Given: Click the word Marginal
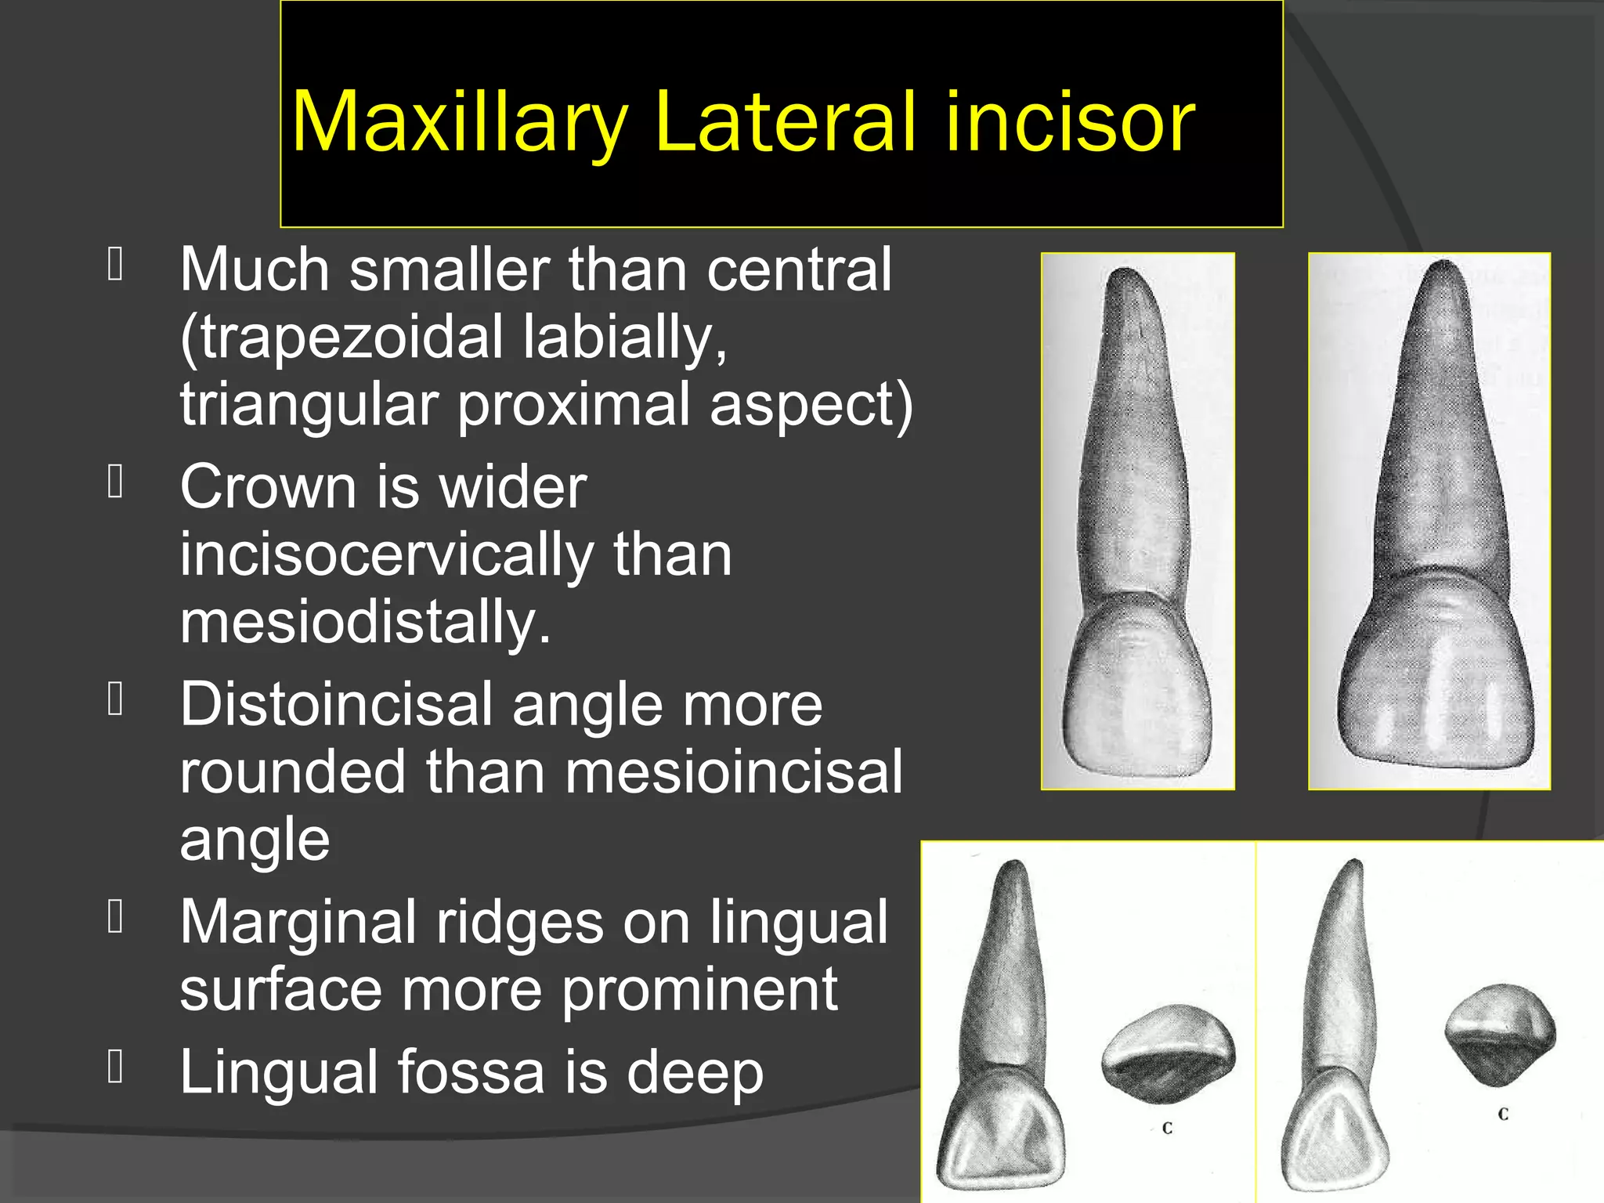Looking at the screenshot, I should point(298,922).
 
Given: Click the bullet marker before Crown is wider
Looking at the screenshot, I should point(116,482).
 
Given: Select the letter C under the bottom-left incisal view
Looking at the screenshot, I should point(1167,1129).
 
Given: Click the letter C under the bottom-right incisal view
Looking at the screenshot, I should point(1502,1114).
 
